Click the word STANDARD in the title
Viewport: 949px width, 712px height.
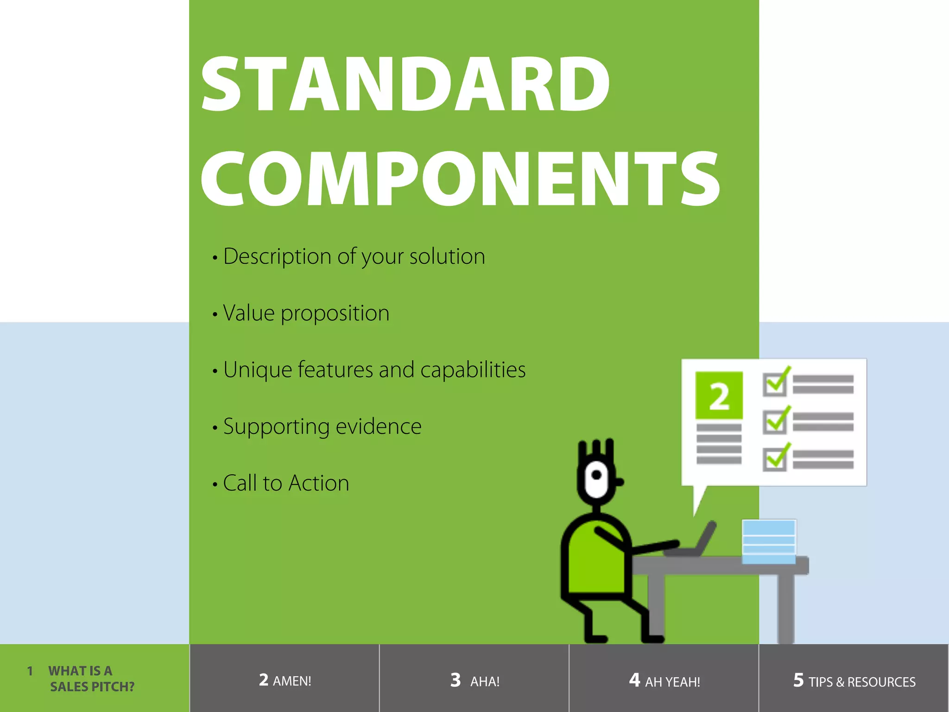coord(405,84)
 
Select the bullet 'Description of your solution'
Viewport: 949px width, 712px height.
coord(354,256)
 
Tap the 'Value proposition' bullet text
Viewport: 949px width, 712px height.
coord(306,313)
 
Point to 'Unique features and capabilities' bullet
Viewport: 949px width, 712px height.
coord(374,370)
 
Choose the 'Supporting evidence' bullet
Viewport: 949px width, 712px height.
coord(322,426)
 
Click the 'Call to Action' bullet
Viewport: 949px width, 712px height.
coord(285,483)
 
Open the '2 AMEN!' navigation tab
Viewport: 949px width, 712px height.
coord(285,680)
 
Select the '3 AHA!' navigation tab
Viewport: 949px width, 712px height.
coord(474,680)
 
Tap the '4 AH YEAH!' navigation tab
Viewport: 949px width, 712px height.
coord(664,680)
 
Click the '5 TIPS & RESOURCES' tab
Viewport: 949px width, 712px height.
coord(854,680)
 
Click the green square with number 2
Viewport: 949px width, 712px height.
coord(719,395)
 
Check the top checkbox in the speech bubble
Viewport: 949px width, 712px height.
coord(774,384)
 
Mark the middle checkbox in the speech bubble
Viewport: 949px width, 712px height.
coord(774,422)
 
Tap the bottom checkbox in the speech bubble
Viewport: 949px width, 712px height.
coord(774,459)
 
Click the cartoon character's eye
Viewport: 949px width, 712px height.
coord(597,475)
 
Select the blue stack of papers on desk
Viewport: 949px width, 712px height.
coord(769,541)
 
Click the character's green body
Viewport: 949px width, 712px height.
coord(595,561)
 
